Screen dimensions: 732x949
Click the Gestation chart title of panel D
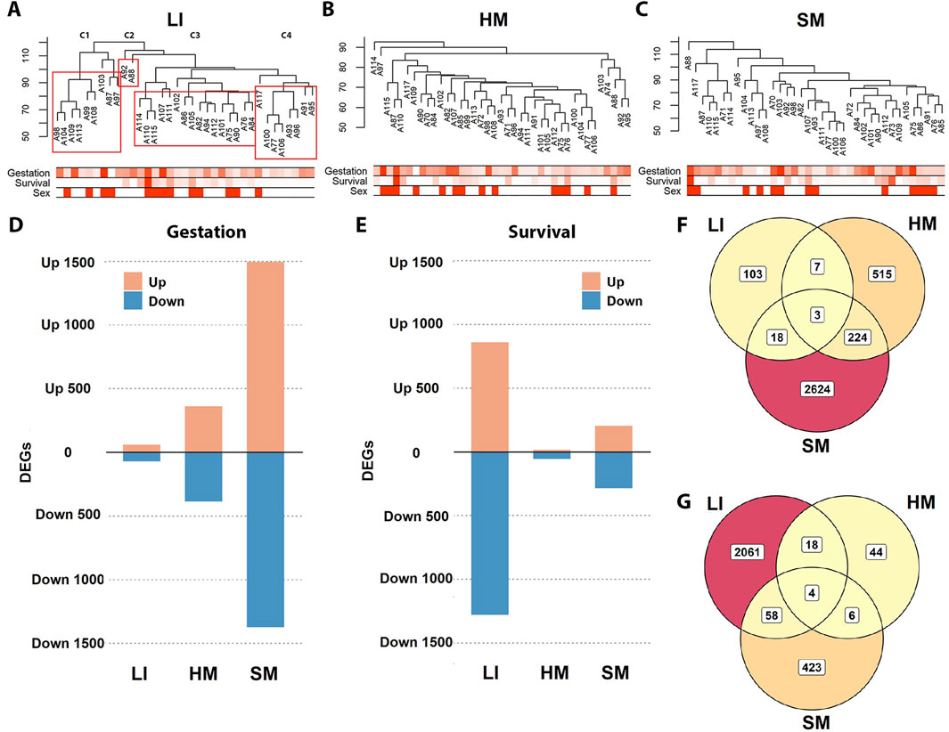click(206, 231)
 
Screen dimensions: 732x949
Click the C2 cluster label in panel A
click(129, 36)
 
